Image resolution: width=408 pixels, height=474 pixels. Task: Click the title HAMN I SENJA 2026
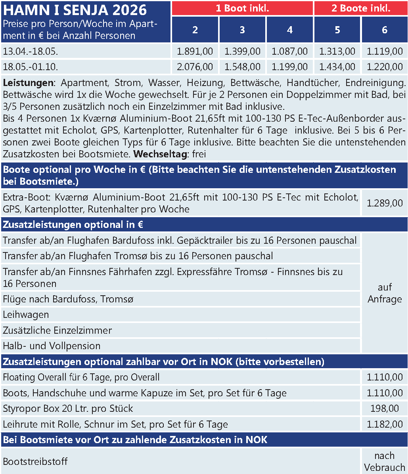(x=75, y=10)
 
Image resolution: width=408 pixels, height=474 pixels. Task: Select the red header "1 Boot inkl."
(x=242, y=8)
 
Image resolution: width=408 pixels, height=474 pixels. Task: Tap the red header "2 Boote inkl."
(x=361, y=8)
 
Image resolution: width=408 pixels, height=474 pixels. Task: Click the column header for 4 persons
(x=290, y=30)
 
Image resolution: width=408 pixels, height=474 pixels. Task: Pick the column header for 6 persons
(x=385, y=30)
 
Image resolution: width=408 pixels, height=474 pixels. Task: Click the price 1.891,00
(x=195, y=51)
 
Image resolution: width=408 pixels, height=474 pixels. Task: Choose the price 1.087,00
(x=290, y=51)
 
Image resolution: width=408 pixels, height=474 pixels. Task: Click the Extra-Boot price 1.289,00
(x=385, y=203)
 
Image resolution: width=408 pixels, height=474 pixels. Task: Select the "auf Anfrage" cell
(x=385, y=293)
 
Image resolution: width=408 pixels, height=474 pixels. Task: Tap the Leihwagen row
(x=26, y=315)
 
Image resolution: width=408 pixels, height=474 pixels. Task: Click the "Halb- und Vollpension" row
(x=52, y=346)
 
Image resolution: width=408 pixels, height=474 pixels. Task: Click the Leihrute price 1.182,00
(x=385, y=424)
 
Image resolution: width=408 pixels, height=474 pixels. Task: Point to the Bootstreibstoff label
(x=35, y=461)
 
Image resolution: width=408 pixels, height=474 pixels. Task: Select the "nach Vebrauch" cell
(x=385, y=461)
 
